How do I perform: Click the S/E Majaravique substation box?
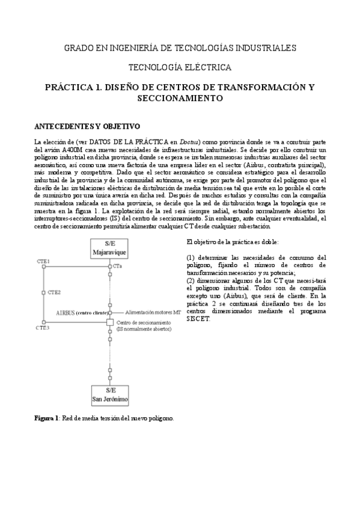(109, 248)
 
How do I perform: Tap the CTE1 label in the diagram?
(43, 262)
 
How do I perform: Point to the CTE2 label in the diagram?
(54, 292)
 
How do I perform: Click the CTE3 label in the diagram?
(43, 328)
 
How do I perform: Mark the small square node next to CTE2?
(43, 292)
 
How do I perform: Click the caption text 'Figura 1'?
(46, 417)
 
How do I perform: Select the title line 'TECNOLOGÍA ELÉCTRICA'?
(180, 68)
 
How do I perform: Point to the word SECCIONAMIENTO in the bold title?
(180, 98)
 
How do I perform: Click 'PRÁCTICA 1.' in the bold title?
(72, 87)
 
